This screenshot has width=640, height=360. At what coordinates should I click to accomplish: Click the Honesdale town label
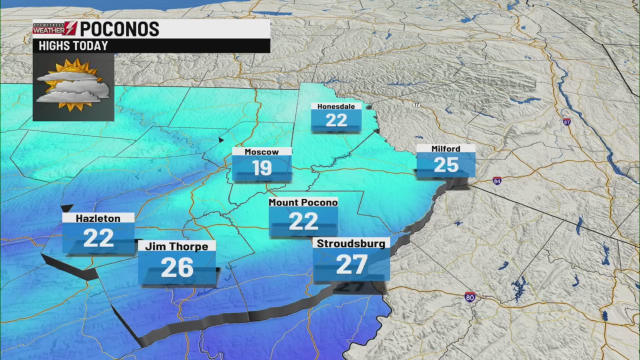point(336,106)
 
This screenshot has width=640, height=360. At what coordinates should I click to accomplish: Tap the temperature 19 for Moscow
point(262,168)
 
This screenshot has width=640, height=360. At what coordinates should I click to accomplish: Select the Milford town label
point(445,148)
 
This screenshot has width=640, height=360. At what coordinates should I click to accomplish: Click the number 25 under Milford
point(446,165)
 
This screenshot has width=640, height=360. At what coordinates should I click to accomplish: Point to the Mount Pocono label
point(303,202)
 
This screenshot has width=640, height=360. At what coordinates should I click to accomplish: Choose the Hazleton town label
point(98,218)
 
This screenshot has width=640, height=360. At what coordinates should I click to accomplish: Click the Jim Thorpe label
point(176,246)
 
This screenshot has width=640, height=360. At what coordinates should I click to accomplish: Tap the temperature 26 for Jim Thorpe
point(177,267)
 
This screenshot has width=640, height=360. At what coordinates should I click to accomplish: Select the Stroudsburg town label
point(351,244)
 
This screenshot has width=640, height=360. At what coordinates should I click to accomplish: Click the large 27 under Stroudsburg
point(351,264)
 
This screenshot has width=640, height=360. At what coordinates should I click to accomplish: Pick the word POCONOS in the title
point(119,29)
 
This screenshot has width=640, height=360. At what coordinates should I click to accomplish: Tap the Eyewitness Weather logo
point(54,28)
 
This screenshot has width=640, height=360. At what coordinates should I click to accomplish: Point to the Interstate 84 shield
point(497,180)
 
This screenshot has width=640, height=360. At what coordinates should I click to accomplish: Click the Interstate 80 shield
point(470,296)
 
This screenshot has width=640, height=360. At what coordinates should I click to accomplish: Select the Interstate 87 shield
point(566,122)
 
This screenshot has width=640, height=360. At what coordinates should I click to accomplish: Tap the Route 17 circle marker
point(416,104)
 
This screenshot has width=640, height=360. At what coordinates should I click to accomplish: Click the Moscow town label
point(261,152)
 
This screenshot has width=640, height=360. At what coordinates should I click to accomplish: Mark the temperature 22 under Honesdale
point(336,120)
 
